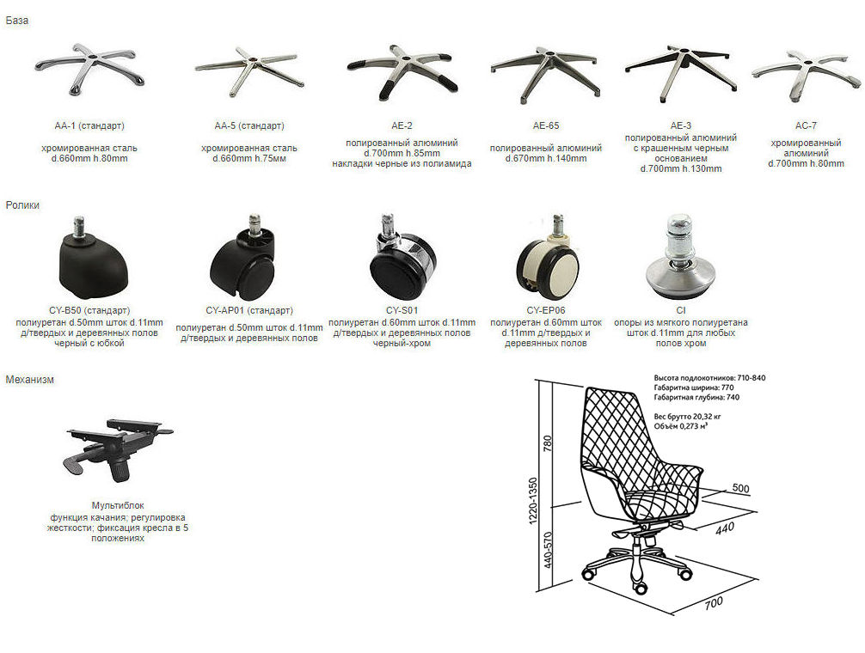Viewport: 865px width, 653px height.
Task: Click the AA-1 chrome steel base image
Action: tap(90, 69)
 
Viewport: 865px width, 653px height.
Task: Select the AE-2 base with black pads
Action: tap(402, 72)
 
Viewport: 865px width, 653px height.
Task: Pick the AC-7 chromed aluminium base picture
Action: tap(806, 76)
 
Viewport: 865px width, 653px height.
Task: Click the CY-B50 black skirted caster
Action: tap(94, 258)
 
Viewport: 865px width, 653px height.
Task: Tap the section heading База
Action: tap(17, 21)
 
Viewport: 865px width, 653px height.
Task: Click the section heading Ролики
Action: tap(22, 205)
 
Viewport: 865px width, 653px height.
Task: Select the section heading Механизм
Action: tap(30, 380)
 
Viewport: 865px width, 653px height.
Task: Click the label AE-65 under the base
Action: tap(546, 125)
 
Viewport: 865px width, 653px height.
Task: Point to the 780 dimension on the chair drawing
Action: tap(547, 443)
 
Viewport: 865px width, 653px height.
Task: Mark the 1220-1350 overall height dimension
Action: tap(533, 501)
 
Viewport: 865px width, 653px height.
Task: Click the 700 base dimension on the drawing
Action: tap(714, 603)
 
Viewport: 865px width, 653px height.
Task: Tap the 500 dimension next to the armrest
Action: tap(740, 488)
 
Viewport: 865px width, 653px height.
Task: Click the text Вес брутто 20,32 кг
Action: tap(687, 417)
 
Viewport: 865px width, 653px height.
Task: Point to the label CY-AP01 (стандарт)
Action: tap(249, 310)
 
